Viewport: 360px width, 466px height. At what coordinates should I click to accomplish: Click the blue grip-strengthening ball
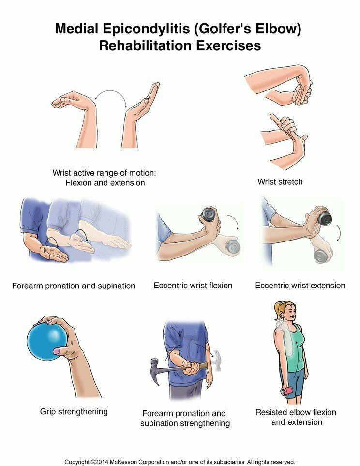point(47,342)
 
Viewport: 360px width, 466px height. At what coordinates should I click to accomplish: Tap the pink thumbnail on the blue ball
point(57,352)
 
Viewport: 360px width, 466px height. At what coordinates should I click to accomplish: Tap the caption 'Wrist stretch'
point(280,182)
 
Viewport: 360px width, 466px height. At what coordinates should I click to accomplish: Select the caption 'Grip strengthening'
point(74,412)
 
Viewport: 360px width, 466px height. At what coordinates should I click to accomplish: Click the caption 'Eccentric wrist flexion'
point(193,286)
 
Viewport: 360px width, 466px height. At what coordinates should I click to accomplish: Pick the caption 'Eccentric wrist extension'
point(300,286)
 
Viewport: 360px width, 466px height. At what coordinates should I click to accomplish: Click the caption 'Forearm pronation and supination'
point(74,286)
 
